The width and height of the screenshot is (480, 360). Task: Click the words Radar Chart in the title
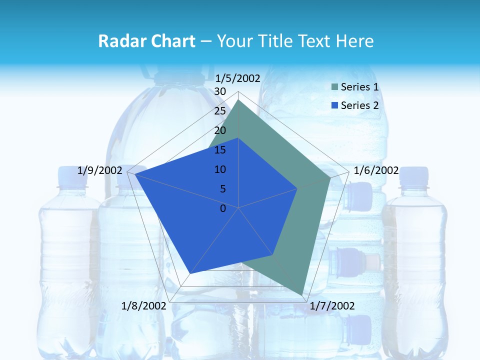click(x=146, y=41)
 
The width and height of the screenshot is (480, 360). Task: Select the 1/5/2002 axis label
click(x=238, y=78)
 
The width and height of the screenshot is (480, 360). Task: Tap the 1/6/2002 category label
click(x=376, y=170)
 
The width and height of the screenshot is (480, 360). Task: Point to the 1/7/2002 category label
click(x=332, y=306)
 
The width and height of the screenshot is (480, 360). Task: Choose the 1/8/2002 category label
click(x=143, y=306)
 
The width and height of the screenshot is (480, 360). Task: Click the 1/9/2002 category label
click(x=100, y=170)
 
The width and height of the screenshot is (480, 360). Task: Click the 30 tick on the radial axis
click(x=220, y=91)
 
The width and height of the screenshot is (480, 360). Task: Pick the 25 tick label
click(x=220, y=111)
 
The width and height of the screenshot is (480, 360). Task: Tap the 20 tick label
click(x=220, y=130)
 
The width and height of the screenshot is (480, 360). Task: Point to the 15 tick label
click(x=220, y=150)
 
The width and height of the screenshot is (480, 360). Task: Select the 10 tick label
click(x=220, y=169)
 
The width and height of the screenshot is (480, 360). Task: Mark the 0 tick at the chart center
click(x=223, y=208)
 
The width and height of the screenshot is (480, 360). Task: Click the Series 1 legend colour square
click(x=334, y=87)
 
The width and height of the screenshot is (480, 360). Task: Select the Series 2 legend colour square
click(x=334, y=105)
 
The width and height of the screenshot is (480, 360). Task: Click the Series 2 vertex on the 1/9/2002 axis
click(x=135, y=174)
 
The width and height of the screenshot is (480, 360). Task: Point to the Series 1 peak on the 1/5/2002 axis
click(x=238, y=100)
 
